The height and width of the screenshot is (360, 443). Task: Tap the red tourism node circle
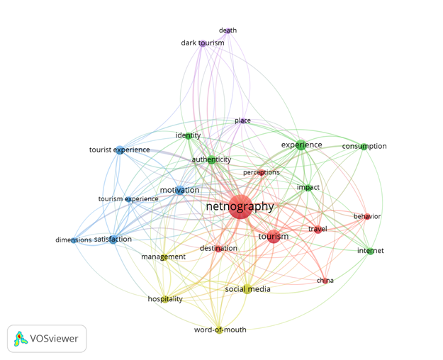click(274, 237)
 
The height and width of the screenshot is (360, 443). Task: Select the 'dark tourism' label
click(202, 43)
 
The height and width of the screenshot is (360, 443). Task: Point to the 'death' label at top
click(228, 30)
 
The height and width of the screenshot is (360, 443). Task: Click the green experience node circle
click(301, 146)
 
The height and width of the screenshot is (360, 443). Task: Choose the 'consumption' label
click(364, 147)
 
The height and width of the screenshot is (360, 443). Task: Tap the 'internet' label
click(370, 251)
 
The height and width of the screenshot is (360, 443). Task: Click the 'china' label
click(325, 281)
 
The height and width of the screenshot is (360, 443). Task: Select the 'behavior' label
click(367, 217)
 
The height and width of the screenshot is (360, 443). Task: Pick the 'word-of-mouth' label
click(220, 330)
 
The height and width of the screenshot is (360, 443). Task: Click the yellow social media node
click(247, 289)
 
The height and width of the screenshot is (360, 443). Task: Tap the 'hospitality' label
click(165, 299)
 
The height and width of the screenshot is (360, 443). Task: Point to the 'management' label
click(163, 257)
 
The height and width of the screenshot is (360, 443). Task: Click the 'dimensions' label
click(74, 240)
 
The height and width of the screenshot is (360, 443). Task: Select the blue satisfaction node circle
click(113, 240)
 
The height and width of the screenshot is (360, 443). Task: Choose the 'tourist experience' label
click(119, 150)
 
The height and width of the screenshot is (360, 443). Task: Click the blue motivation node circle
click(180, 191)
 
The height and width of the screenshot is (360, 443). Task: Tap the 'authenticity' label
click(211, 160)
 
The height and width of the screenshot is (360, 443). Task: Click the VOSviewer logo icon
click(21, 339)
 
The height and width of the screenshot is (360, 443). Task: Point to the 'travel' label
click(318, 229)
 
